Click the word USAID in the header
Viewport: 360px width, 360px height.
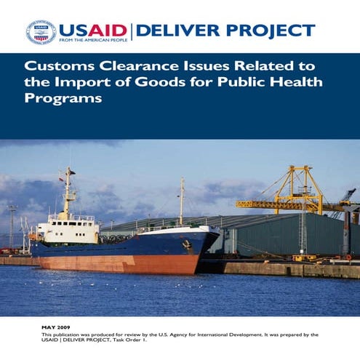click(92, 30)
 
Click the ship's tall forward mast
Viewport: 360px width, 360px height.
click(183, 200)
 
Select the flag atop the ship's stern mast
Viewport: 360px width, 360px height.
click(61, 179)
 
